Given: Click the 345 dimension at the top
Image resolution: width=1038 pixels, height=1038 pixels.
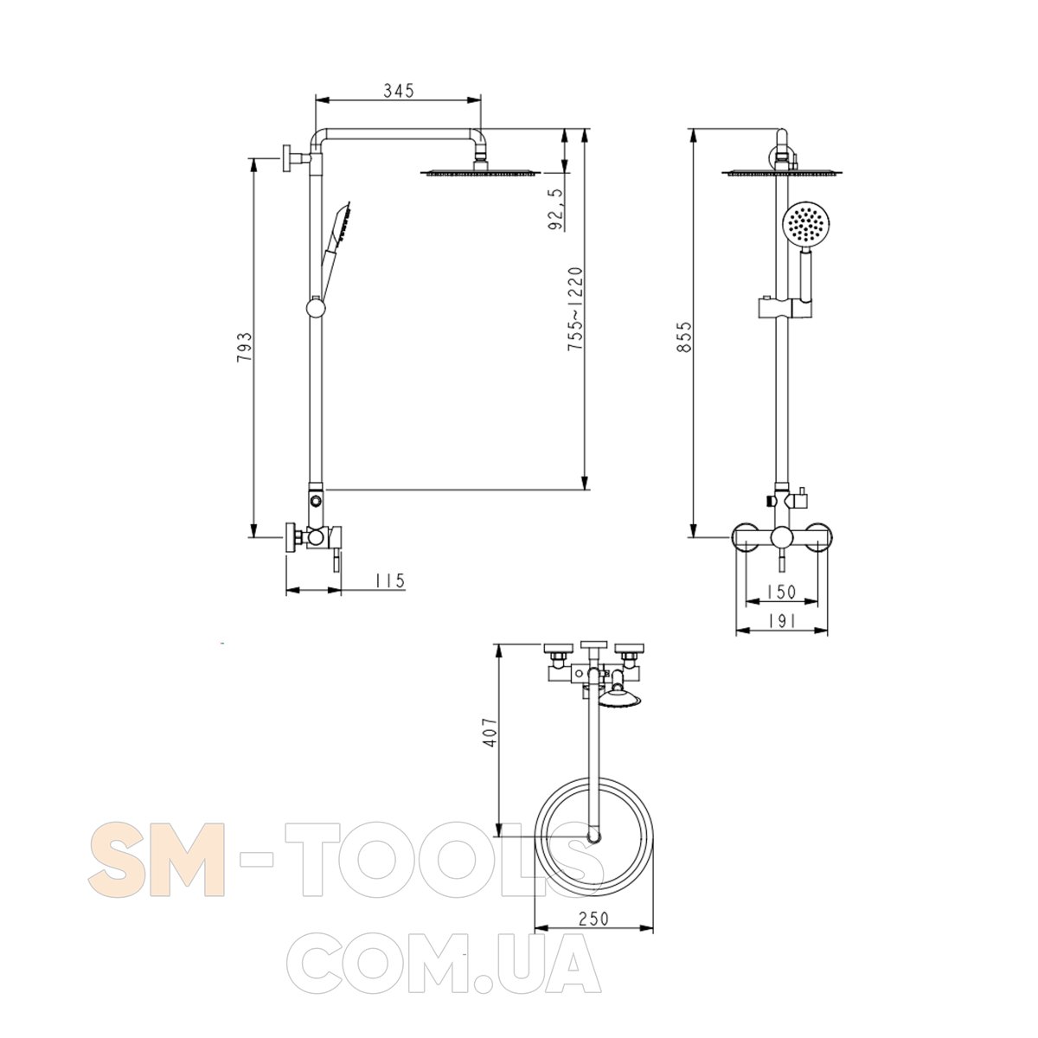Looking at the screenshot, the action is [x=399, y=91].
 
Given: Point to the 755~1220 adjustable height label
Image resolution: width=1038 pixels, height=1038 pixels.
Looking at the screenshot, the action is [x=575, y=309].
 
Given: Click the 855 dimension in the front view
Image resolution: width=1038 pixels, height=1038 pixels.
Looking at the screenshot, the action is [x=683, y=337].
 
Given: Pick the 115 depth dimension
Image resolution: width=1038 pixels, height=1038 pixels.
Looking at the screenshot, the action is [x=390, y=580].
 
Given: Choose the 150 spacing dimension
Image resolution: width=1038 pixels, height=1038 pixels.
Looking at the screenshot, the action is [x=781, y=592].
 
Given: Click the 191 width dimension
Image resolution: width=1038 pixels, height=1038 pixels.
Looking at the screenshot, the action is [x=781, y=621].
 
